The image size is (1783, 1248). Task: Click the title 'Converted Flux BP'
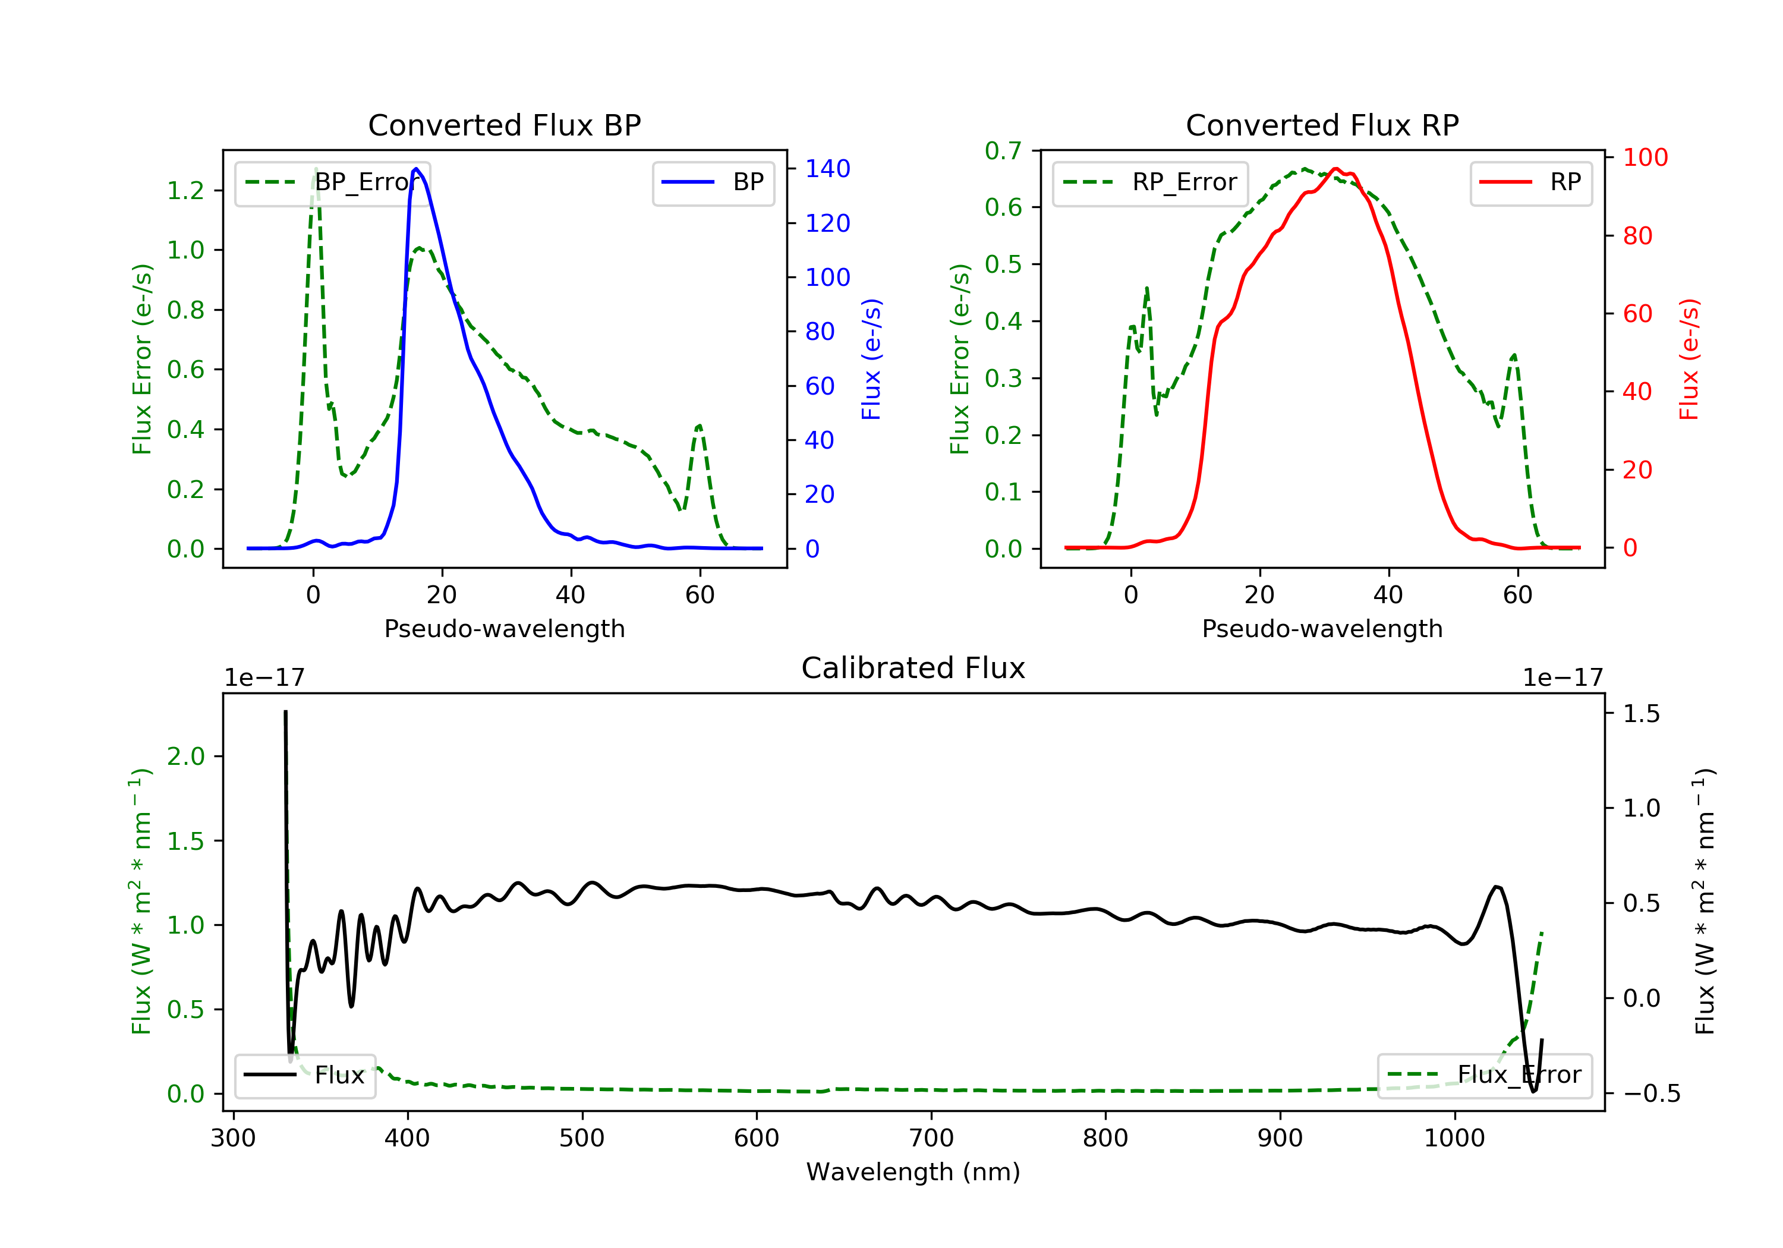504,125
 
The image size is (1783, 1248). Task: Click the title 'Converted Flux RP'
1322,125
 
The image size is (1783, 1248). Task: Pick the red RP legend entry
1530,182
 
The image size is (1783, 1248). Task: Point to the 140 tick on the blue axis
827,169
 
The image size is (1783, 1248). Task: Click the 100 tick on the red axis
1645,157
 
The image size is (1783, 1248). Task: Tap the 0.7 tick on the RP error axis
1003,151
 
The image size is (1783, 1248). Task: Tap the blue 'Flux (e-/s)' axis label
871,360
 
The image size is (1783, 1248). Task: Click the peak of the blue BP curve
416,169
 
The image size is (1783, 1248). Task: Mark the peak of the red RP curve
1335,169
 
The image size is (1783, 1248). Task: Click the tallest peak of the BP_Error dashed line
315,169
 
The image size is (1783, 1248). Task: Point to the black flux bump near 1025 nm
1497,887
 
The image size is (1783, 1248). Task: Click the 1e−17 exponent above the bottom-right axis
1562,678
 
